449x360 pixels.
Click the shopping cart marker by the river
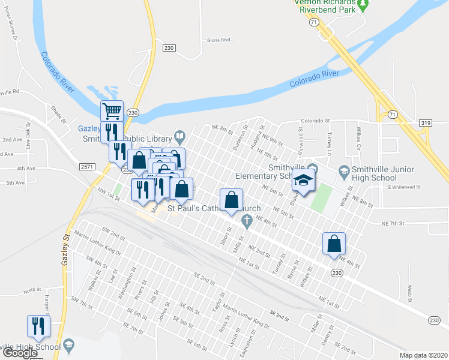pyautogui.click(x=112, y=112)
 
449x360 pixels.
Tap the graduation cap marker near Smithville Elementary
pyautogui.click(x=304, y=181)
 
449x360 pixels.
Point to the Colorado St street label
pyautogui.click(x=316, y=121)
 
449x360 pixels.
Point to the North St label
pyautogui.click(x=32, y=291)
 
